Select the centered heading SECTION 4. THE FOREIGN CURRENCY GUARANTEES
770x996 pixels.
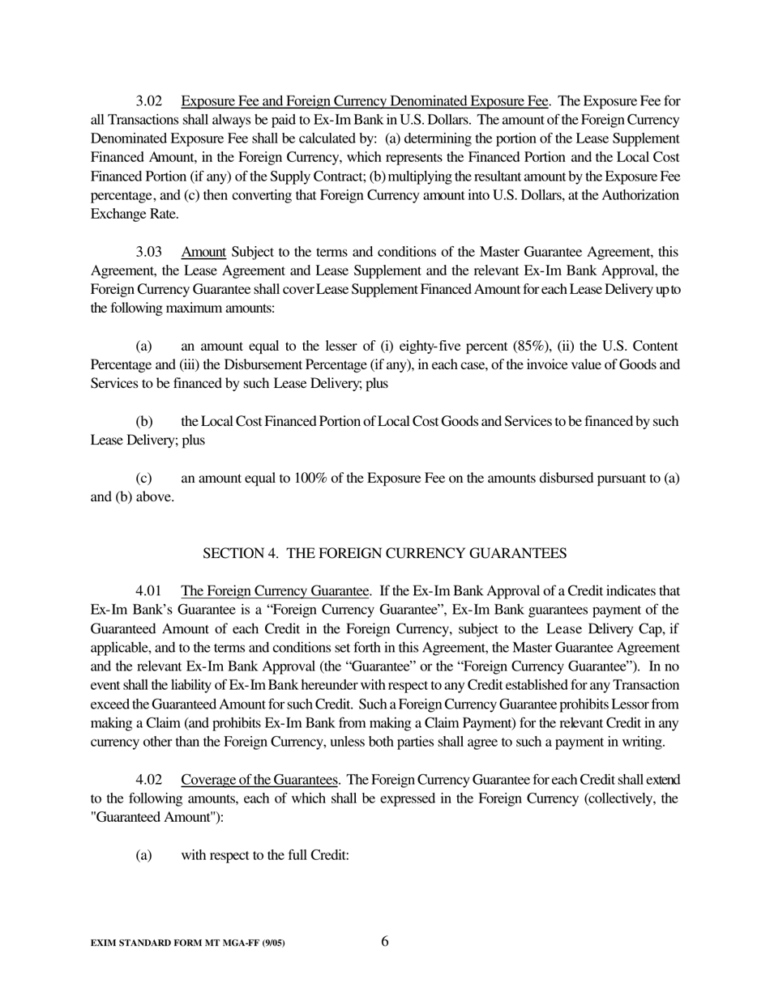[384, 553]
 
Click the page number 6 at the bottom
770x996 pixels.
[384, 941]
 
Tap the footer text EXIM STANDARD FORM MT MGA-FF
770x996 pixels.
[187, 943]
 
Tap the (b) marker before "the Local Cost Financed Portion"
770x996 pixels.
[143, 421]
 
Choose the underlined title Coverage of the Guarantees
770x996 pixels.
[259, 780]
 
